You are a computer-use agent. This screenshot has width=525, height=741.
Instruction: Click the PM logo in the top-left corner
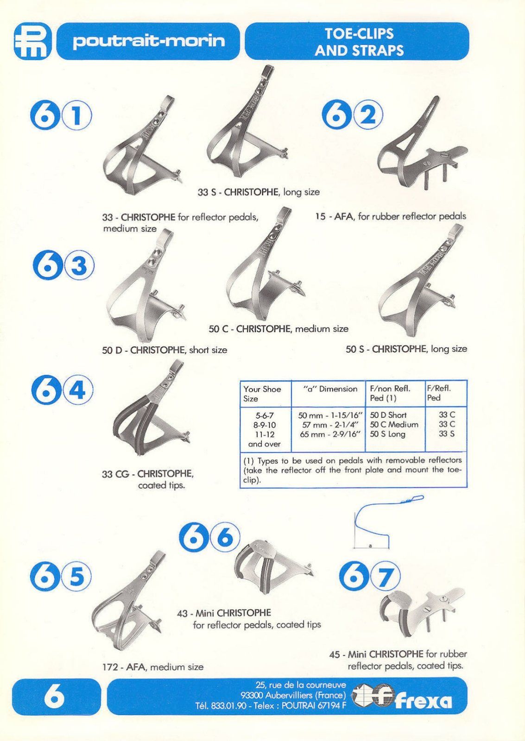[32, 41]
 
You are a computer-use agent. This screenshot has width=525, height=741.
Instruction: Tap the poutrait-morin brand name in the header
[149, 41]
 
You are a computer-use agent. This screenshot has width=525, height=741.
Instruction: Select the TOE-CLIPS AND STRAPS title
[359, 42]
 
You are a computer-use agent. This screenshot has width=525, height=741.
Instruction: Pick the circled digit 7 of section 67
[385, 577]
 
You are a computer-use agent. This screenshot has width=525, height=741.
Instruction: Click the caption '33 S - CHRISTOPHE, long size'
[259, 192]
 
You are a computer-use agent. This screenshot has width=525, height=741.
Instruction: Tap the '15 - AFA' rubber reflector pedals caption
[390, 216]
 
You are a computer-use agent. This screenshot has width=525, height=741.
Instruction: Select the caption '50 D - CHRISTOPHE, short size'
[164, 350]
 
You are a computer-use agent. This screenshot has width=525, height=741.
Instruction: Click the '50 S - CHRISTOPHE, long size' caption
[406, 349]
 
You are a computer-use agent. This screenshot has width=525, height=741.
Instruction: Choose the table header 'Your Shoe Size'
[262, 394]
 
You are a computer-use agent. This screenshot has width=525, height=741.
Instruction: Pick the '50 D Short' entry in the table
[388, 415]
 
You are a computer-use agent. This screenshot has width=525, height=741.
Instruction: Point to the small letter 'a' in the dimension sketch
[370, 546]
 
